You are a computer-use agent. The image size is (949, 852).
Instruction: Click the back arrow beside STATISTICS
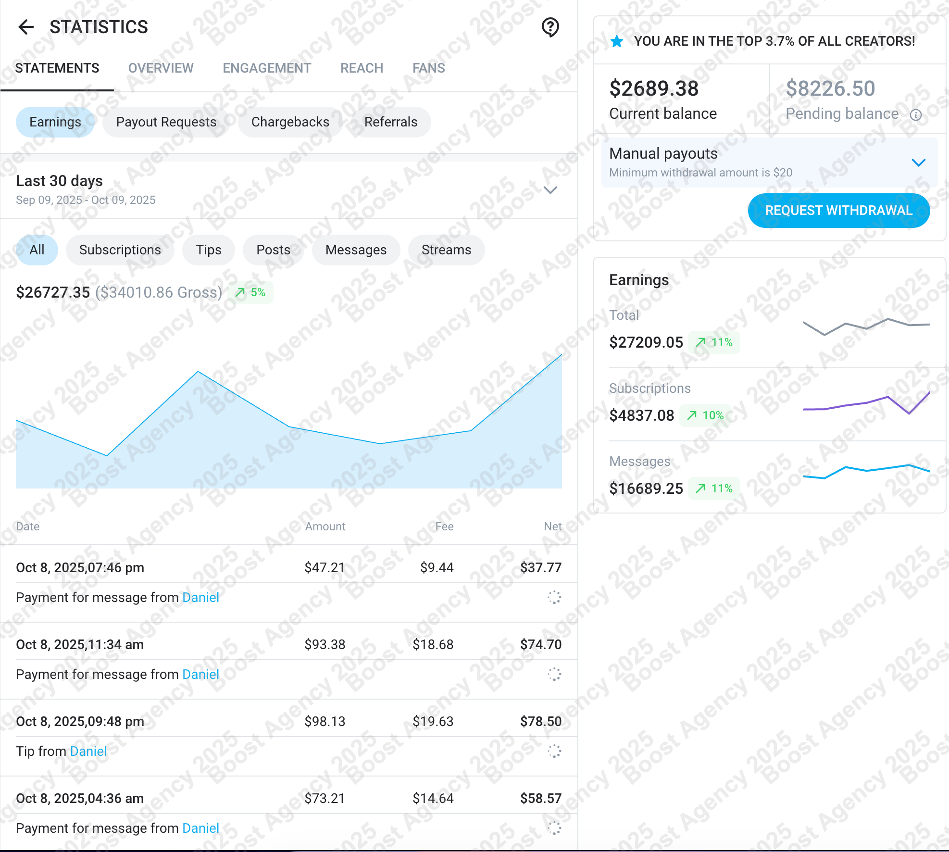tap(26, 27)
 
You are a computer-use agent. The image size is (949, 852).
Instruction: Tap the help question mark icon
tap(550, 27)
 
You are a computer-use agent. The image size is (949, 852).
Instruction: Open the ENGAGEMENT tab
tap(267, 68)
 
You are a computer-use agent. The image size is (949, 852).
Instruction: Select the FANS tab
tap(428, 68)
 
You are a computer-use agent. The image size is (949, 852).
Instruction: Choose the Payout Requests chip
tap(166, 122)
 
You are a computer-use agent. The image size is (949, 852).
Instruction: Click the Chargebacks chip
tap(290, 122)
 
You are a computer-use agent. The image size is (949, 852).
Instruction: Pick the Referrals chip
tap(390, 122)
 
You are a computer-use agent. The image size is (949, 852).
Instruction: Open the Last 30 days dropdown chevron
tap(550, 190)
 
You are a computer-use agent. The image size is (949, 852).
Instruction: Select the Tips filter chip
tap(208, 250)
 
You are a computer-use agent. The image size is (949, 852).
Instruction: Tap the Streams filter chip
tap(446, 250)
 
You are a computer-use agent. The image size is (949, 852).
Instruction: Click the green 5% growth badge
tap(251, 292)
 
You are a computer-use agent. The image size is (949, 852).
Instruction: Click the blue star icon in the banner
tap(617, 42)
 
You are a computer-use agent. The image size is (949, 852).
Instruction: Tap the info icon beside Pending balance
tap(916, 115)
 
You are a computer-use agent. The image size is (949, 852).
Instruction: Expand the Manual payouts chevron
tap(918, 163)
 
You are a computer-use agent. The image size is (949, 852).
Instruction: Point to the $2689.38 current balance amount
tap(653, 88)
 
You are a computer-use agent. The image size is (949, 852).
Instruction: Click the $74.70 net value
tap(540, 644)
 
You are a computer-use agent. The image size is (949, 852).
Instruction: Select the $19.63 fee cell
tap(433, 721)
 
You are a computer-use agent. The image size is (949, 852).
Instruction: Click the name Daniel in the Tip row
tap(88, 751)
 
